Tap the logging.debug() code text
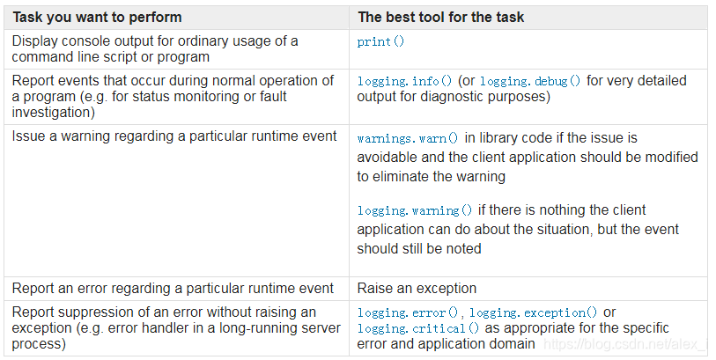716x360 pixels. (531, 81)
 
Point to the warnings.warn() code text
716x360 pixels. (408, 138)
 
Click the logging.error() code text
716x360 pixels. (410, 312)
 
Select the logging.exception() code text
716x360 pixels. (534, 312)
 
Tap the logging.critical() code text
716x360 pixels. (418, 328)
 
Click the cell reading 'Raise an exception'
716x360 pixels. (417, 288)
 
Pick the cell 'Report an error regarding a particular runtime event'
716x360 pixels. (173, 288)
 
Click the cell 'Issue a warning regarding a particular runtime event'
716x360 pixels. (174, 136)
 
